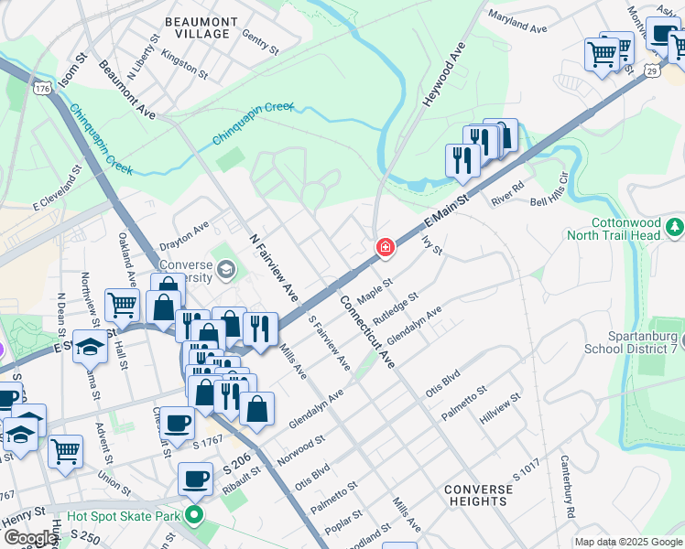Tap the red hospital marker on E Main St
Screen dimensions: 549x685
point(386,247)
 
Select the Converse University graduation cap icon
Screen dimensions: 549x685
point(226,270)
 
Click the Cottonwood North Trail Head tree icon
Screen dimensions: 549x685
point(675,225)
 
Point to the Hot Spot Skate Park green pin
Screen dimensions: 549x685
point(193,517)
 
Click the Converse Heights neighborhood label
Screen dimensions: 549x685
point(478,495)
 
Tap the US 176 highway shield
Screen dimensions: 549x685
point(43,89)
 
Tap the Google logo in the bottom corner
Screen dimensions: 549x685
point(29,538)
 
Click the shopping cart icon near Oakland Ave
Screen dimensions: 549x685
point(122,306)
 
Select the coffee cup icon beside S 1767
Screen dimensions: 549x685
point(179,423)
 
